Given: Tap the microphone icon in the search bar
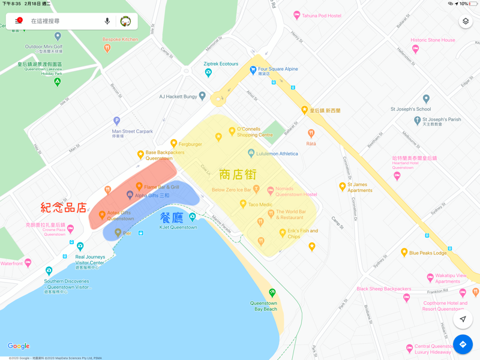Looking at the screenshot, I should tap(107, 21).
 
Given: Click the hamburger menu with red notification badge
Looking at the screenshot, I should tap(18, 21).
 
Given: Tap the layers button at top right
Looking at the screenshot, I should tap(466, 22).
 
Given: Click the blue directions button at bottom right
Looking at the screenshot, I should tap(463, 344).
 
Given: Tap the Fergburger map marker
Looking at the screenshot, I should tap(173, 143).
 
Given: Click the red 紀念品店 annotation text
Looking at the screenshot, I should tap(64, 208).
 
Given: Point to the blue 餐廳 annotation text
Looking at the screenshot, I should tap(172, 217).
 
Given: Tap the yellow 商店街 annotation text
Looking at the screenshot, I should tap(238, 174).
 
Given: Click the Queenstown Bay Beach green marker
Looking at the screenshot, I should tap(272, 293).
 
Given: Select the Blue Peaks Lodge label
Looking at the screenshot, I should tap(428, 253).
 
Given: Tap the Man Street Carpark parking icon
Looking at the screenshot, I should tap(116, 121).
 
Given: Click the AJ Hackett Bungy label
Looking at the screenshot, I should tap(178, 96).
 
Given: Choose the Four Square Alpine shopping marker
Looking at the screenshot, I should tap(253, 70).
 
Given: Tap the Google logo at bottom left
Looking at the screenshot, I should tap(19, 346).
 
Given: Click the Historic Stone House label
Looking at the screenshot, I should tap(433, 40).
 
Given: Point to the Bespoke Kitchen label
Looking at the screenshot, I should tap(120, 40).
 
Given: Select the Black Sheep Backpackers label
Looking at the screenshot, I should tap(384, 289).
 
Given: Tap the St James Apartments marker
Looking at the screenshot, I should tap(343, 187).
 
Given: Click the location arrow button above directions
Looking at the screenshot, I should tap(463, 319).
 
